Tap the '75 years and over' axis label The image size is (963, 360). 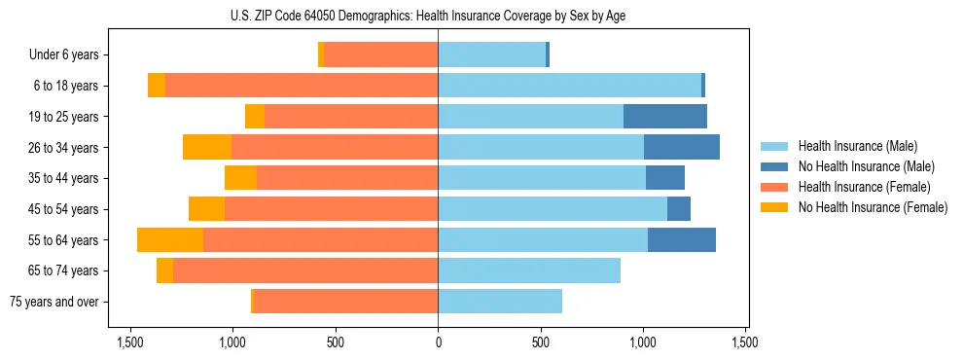click(x=54, y=302)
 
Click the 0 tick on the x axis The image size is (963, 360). click(x=438, y=342)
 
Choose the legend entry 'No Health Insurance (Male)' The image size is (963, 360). click(x=866, y=166)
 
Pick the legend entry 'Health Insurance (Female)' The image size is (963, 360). click(x=864, y=187)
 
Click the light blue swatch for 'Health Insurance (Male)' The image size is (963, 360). click(x=774, y=146)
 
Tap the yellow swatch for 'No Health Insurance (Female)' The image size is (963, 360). click(x=774, y=207)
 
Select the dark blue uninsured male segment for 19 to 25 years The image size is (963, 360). click(x=664, y=117)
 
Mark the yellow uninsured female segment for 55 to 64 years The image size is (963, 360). click(x=170, y=239)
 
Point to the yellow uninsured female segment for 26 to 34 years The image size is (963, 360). click(x=207, y=147)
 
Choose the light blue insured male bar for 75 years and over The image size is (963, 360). click(x=500, y=302)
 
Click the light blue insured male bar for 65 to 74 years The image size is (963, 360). click(x=529, y=270)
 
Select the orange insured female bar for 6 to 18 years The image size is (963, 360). click(x=302, y=86)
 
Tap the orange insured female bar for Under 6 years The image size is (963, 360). click(x=381, y=55)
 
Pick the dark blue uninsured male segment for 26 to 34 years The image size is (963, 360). click(x=681, y=147)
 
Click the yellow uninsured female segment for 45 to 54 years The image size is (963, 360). click(x=206, y=209)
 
